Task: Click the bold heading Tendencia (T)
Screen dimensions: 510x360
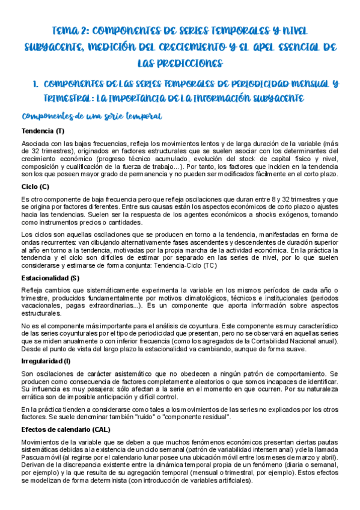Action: (43, 132)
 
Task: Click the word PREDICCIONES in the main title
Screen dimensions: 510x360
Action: (180, 63)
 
